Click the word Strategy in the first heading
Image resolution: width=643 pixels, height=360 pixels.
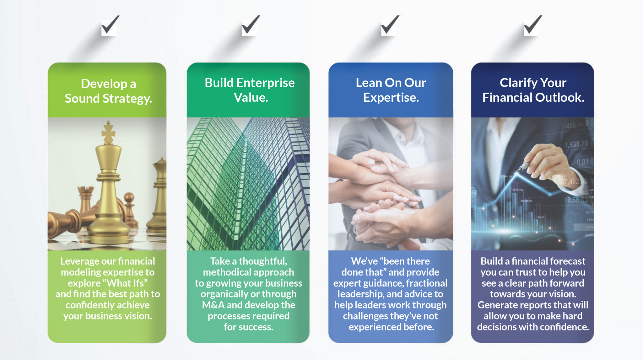tap(127, 99)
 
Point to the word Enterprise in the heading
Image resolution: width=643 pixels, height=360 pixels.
tap(266, 83)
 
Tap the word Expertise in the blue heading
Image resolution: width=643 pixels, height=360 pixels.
tap(391, 98)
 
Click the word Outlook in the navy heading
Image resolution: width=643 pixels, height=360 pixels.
tap(560, 98)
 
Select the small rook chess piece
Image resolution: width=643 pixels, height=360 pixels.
tap(86, 201)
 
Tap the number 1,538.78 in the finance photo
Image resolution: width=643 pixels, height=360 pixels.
tap(576, 144)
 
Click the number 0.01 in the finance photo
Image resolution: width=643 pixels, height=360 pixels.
tap(582, 162)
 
